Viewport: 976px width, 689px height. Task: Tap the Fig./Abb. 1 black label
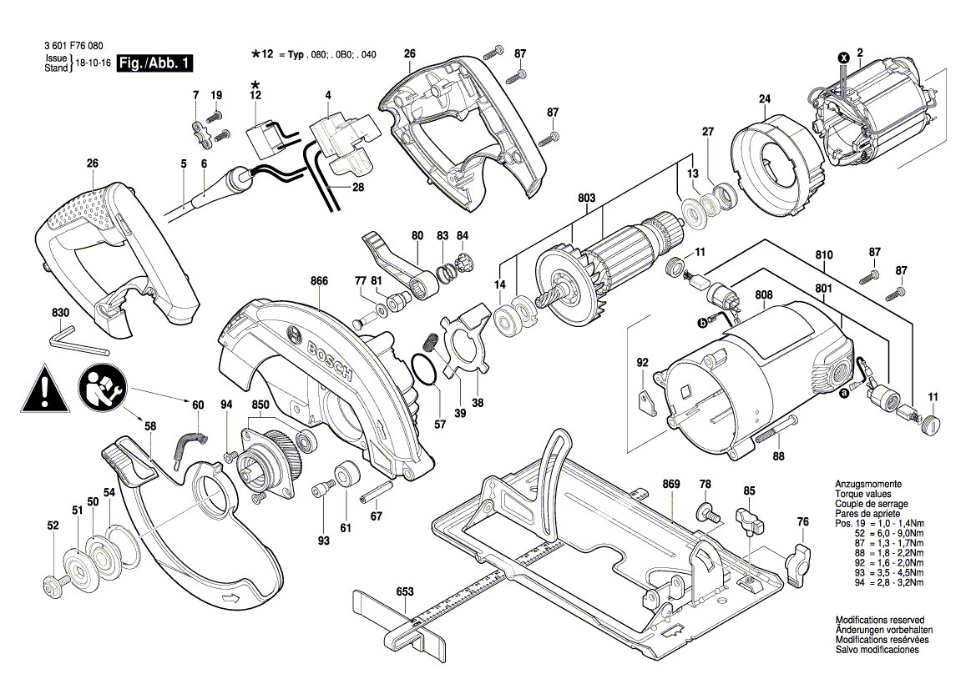click(156, 63)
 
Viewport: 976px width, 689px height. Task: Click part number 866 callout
click(318, 283)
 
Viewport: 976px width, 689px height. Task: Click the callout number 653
click(405, 591)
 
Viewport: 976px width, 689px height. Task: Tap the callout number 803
click(586, 198)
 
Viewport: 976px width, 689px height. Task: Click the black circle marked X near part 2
click(843, 58)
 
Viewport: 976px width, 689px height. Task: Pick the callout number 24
click(763, 99)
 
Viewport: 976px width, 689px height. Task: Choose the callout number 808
click(764, 295)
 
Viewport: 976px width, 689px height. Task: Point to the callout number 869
click(671, 484)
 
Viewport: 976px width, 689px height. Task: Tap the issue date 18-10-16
click(93, 63)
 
